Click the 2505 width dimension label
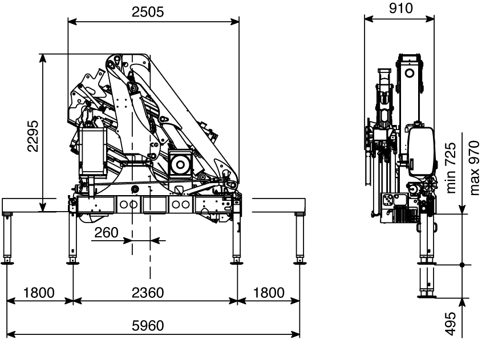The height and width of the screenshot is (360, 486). (148, 12)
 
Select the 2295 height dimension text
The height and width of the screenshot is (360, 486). (33, 136)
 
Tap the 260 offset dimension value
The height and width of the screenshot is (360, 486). (106, 233)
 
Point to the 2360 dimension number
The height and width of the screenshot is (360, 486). (148, 293)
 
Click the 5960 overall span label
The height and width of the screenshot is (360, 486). (148, 326)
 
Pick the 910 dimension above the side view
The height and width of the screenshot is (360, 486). (401, 9)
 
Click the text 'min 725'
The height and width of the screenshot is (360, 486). (451, 168)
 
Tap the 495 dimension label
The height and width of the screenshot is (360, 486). (451, 323)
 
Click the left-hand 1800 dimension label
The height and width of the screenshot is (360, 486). (39, 293)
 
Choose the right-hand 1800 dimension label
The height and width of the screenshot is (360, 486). (269, 293)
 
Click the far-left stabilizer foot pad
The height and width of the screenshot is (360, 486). (7, 263)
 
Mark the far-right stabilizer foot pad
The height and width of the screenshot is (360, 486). (299, 263)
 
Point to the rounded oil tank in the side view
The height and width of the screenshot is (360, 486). (422, 152)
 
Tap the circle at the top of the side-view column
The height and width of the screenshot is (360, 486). (410, 74)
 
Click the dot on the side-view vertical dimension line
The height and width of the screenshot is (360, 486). (462, 265)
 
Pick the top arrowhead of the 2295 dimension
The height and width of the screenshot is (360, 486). (43, 58)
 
